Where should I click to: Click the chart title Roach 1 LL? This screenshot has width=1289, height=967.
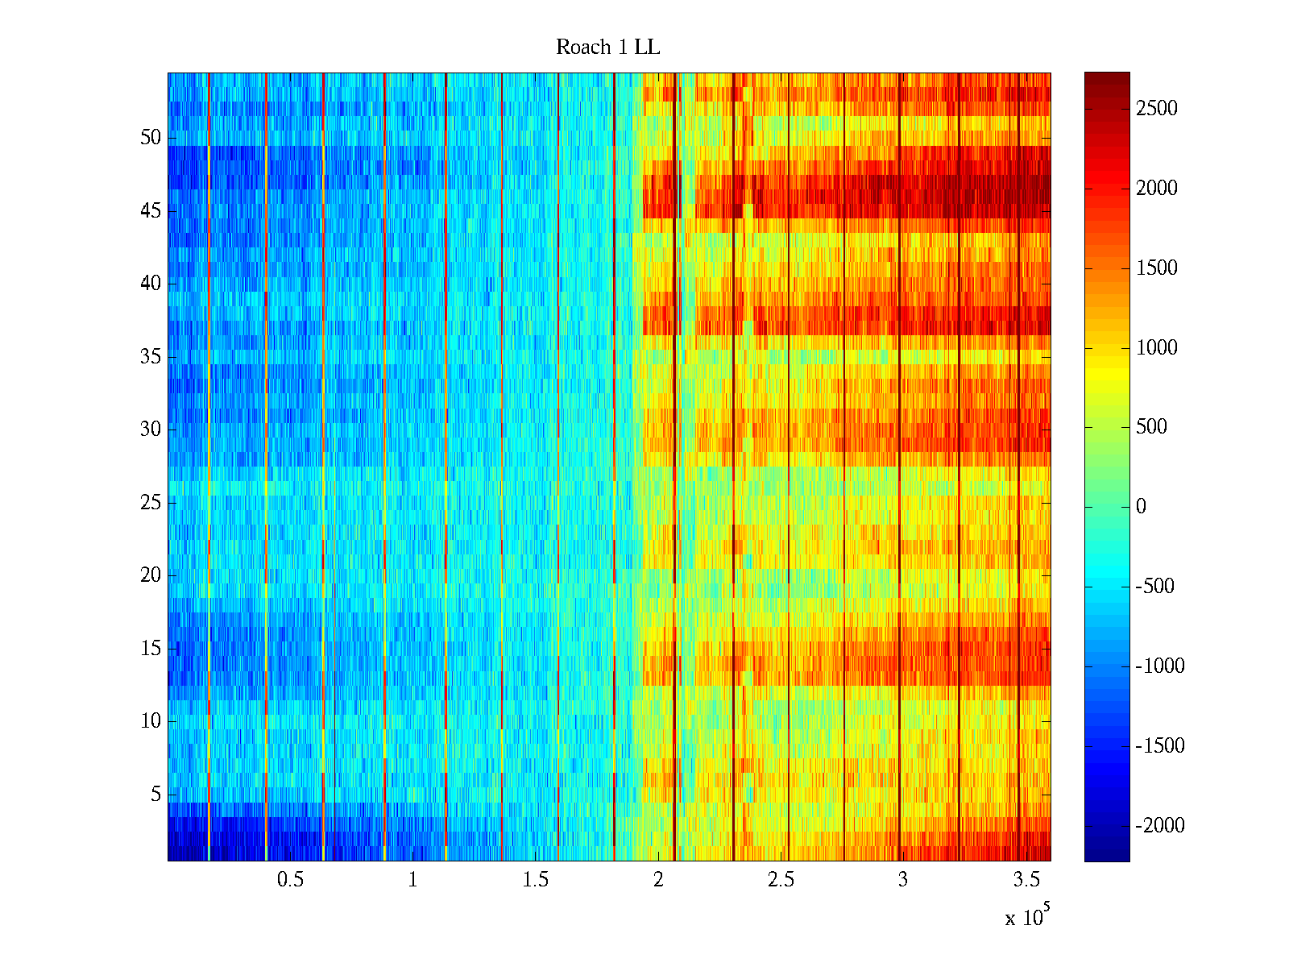coord(607,48)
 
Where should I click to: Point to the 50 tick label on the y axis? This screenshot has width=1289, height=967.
coord(151,138)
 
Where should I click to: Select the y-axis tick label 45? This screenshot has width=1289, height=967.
coord(151,211)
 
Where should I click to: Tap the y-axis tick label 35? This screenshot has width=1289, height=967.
coord(151,357)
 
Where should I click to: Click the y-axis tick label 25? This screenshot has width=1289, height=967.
coord(151,503)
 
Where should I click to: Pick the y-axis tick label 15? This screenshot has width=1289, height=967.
coord(151,649)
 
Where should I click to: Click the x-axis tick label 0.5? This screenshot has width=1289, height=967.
coord(290,880)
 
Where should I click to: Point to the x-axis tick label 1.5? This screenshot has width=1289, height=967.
coord(535,880)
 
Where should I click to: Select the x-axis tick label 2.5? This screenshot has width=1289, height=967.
coord(781,880)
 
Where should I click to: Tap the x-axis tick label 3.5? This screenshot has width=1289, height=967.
coord(1026,880)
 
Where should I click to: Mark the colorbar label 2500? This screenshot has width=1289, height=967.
coord(1157,109)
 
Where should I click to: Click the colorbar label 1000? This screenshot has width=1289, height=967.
coord(1157,348)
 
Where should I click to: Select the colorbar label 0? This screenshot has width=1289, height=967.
coord(1141,507)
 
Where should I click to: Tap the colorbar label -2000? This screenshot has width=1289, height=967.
coord(1160,826)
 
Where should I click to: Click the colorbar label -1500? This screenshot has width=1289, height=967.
coord(1160,746)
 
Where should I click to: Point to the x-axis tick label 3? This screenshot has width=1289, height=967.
coord(902,880)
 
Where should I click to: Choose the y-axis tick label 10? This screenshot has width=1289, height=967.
coord(151,721)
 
